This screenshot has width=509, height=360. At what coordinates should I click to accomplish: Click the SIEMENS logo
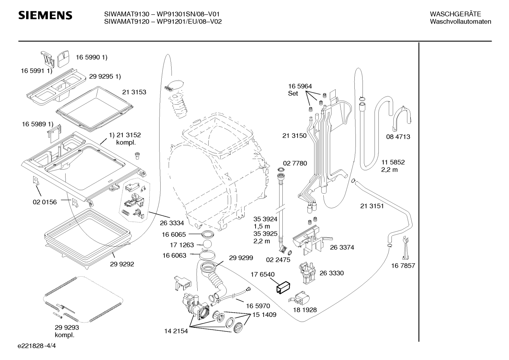point(45,16)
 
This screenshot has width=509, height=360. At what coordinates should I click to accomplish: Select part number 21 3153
point(134,92)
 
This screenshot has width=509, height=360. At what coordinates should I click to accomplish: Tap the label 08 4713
point(398,137)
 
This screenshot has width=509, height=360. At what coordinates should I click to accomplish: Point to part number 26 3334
point(172,223)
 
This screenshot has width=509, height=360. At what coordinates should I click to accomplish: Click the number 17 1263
point(182,245)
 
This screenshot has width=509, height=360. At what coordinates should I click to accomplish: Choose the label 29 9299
point(241,258)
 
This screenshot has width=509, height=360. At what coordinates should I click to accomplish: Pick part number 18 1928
point(305,310)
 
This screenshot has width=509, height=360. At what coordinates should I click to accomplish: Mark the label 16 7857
point(403,266)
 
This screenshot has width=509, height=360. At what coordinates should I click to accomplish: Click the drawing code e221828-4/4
point(37,346)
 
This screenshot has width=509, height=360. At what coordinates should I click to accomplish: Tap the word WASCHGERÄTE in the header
point(455,14)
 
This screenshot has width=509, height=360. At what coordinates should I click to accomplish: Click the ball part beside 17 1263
point(207,244)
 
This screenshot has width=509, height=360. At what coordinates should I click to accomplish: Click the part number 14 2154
point(176,331)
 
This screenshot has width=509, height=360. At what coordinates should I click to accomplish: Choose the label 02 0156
point(45,202)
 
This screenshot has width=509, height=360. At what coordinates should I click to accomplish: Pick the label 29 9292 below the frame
point(122,264)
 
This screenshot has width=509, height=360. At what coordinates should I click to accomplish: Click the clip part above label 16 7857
point(405,248)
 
